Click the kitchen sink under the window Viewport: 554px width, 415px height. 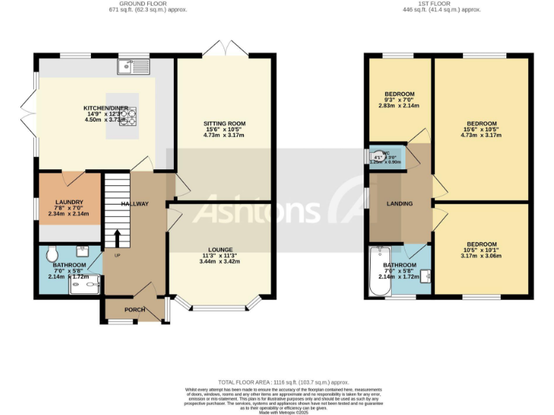tap(135, 68)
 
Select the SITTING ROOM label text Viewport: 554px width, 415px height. tap(224, 125)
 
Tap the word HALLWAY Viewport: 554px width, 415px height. tap(135, 204)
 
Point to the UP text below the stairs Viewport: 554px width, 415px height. tap(117, 254)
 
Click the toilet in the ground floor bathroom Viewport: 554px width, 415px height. tap(51, 254)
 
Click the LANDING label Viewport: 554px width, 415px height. tap(399, 204)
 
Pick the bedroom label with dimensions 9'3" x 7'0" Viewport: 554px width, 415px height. tap(399, 94)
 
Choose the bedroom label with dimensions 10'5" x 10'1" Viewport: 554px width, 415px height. tap(480, 244)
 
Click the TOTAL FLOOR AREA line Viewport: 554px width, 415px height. tap(283, 382)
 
